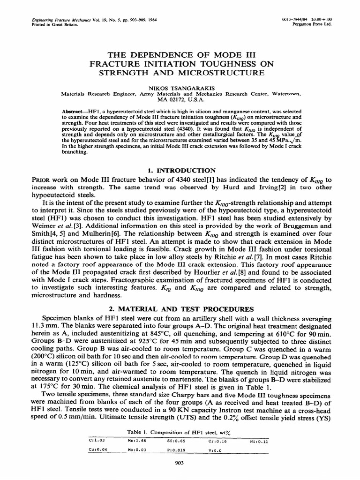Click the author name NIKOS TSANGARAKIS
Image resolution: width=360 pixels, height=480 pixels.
[x=180, y=88]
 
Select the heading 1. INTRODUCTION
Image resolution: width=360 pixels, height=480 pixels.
[x=180, y=170]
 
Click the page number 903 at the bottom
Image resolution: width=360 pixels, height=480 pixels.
[x=180, y=463]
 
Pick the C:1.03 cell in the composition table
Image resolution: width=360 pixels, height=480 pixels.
[x=95, y=440]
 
